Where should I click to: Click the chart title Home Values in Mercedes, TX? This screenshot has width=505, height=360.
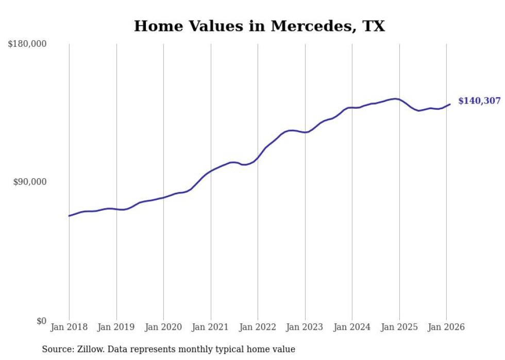[259, 26]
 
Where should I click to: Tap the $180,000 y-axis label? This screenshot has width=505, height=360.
[27, 44]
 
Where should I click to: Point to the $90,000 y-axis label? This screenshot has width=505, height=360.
[29, 182]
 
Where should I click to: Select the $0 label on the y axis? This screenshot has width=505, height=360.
[41, 321]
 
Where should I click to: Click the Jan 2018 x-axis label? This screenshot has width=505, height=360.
[69, 328]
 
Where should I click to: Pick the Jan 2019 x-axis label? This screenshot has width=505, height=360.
[116, 328]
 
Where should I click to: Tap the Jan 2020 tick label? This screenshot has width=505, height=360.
[163, 328]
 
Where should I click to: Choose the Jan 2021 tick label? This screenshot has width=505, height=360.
[211, 328]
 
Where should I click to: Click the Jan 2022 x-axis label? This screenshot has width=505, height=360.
[258, 328]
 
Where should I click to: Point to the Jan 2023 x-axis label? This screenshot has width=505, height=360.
[305, 328]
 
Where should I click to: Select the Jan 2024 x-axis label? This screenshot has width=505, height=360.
[352, 328]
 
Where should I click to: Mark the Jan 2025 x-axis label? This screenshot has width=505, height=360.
[399, 328]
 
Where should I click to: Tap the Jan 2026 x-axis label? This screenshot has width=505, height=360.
[446, 328]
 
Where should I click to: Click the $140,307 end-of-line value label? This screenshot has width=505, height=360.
[479, 101]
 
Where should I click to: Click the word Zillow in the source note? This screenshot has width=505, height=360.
[88, 349]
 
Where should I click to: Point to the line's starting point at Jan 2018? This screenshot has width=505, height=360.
[69, 216]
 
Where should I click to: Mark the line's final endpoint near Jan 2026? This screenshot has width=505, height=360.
[450, 105]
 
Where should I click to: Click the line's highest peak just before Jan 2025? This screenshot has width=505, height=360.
[395, 99]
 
